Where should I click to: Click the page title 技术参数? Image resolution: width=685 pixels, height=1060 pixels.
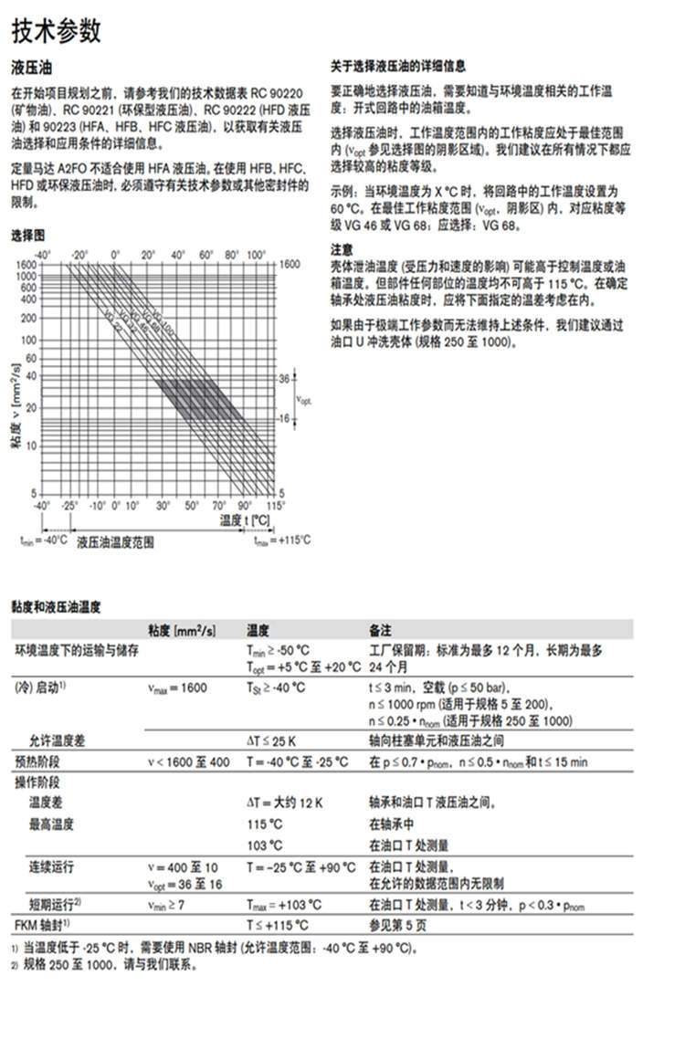[56, 32]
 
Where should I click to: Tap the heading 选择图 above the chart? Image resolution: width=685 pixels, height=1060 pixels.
[29, 236]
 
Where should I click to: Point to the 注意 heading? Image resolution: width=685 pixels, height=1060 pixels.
[342, 249]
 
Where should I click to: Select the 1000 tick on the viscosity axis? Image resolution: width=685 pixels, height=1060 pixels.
[26, 275]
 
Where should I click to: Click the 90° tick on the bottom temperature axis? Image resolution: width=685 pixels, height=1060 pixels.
[245, 505]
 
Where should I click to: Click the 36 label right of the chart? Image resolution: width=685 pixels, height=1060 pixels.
[283, 378]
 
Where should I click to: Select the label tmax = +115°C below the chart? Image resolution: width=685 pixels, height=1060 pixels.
[281, 540]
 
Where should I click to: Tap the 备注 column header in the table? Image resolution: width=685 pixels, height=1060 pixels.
[380, 630]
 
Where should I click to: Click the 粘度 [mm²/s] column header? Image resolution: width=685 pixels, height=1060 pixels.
[182, 630]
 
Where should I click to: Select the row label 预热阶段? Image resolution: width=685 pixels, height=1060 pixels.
[37, 761]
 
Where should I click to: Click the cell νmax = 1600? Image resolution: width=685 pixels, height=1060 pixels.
[177, 687]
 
